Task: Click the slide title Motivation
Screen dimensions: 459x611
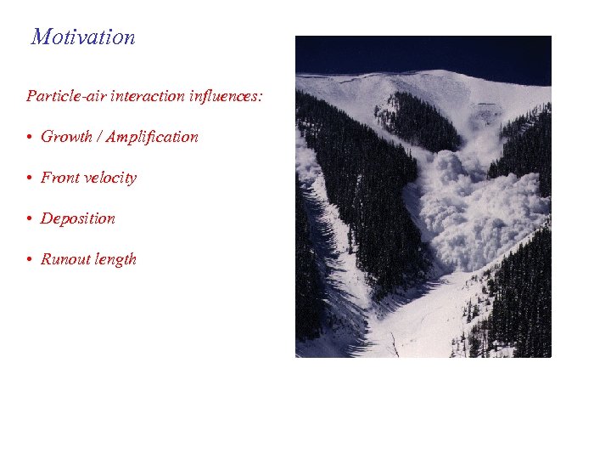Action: (83, 37)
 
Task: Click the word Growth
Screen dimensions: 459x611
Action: (66, 137)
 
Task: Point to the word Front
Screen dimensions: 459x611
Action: (60, 178)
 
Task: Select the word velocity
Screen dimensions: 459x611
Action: (110, 178)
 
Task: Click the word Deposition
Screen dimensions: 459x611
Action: (78, 218)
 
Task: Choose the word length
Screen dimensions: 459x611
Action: (116, 259)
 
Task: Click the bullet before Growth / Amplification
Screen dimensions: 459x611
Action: (30, 138)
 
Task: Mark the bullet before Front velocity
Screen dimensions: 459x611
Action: (30, 178)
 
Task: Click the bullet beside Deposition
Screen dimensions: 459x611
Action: (30, 219)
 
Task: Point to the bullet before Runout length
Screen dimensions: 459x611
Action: (30, 260)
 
